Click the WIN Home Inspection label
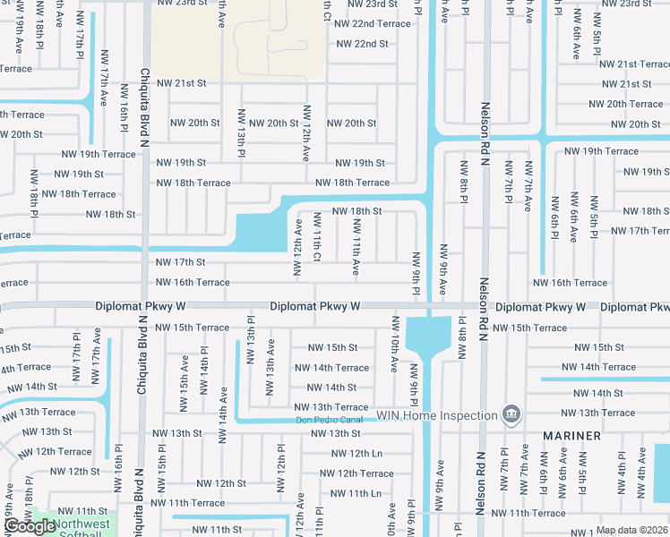[435, 415]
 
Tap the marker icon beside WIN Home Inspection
[511, 414]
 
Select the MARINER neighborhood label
[571, 436]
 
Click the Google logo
[30, 526]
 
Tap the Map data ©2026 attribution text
[632, 530]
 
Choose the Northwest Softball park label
[81, 530]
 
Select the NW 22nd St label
[362, 44]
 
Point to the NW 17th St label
[181, 262]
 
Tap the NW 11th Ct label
[317, 237]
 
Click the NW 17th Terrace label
[639, 231]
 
